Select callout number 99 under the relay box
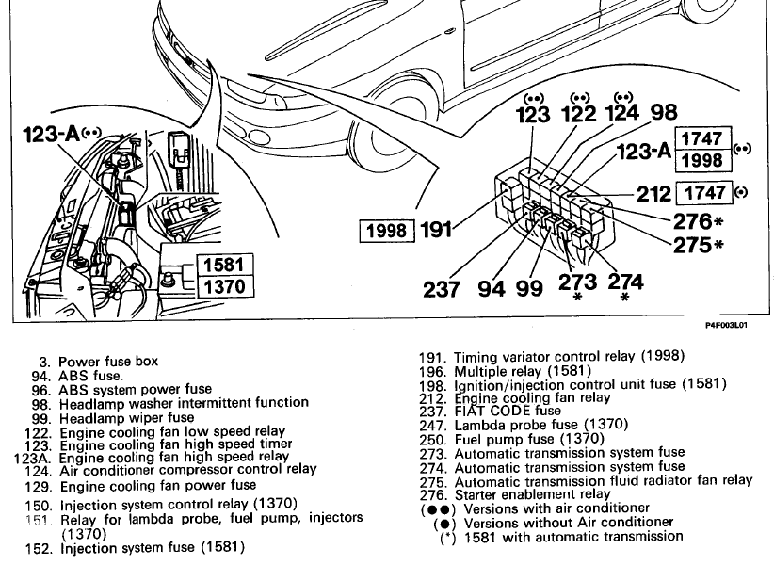pos(530,287)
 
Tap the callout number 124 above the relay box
pos(621,113)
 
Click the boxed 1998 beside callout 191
pos(387,230)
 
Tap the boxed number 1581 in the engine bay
pos(223,265)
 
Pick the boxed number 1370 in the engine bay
pos(223,285)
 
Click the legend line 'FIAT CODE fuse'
pos(508,411)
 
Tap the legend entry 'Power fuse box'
pos(108,361)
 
